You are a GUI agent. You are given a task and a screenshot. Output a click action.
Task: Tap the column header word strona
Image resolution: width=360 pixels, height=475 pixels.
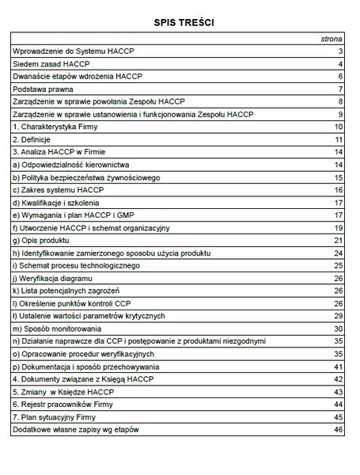(330, 38)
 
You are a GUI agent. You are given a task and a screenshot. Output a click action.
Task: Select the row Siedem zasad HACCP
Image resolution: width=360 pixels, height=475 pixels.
(47, 63)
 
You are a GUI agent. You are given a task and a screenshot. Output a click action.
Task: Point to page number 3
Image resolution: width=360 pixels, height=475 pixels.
(338, 51)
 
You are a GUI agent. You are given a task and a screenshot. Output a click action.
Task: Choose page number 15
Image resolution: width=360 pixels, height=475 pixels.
(336, 177)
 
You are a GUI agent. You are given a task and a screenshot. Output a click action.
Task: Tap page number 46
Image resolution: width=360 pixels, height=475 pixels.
(336, 429)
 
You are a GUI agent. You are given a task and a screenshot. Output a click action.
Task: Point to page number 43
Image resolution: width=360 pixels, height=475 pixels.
(336, 391)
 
